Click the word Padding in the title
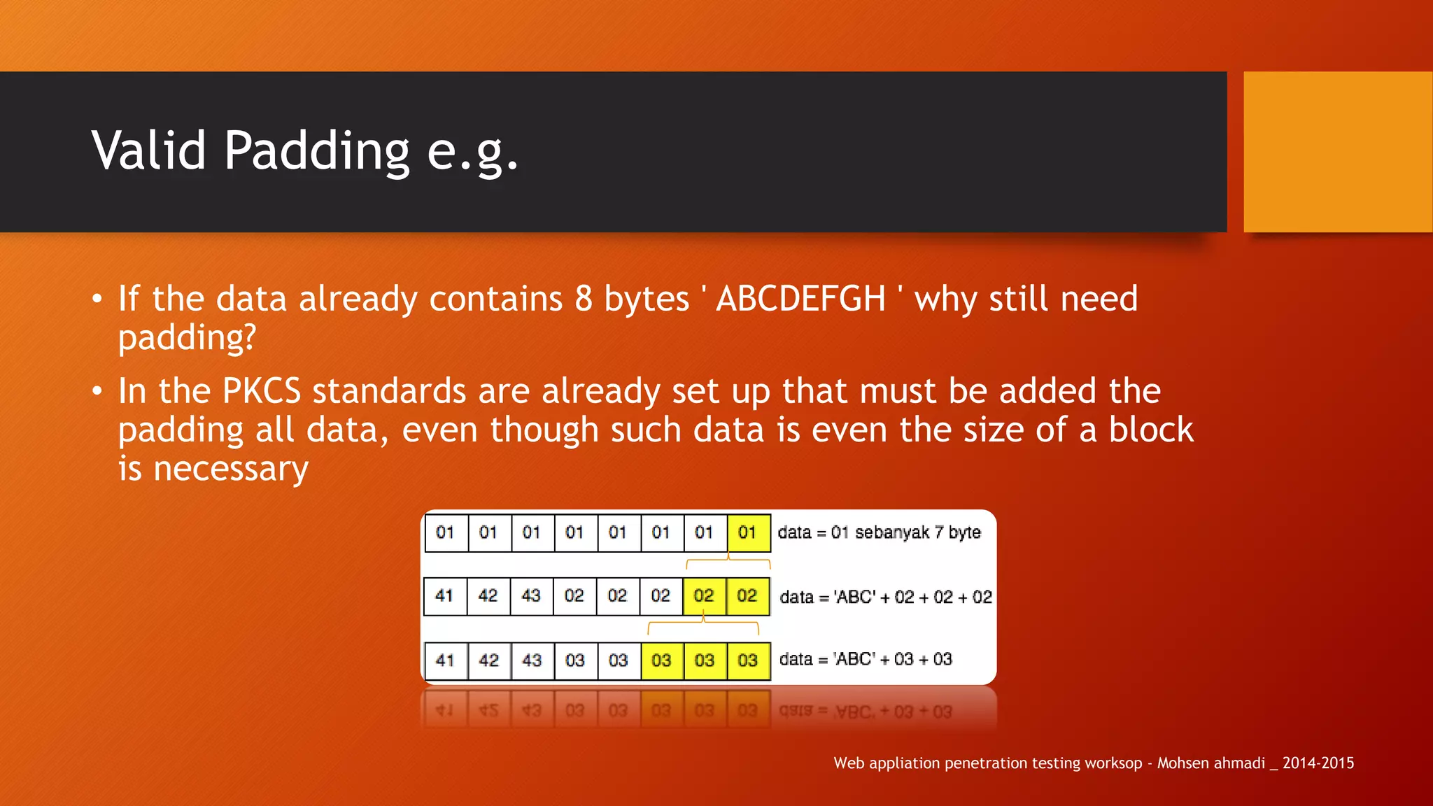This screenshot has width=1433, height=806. coord(316,151)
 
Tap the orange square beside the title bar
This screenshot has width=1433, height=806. coord(1338,151)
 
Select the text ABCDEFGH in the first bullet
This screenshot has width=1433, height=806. coord(800,299)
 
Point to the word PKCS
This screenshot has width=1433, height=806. coord(261,390)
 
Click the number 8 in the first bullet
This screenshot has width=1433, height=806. coord(584,299)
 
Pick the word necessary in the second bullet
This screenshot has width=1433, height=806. coord(231,469)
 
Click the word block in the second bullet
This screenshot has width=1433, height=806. coord(1151,430)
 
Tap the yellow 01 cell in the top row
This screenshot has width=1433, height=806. coord(748,532)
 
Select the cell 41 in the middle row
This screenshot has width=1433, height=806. coord(444,596)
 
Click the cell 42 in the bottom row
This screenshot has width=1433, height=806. coord(488,660)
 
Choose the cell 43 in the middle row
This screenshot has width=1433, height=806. coord(531,596)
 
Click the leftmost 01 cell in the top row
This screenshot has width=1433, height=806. coord(445,532)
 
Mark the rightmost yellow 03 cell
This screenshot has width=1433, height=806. coord(748,660)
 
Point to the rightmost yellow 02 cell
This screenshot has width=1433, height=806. coord(747,596)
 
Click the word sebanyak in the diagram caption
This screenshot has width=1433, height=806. coord(892,532)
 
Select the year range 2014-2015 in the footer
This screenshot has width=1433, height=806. coord(1318,763)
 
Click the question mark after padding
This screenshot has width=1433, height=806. coord(248,338)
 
